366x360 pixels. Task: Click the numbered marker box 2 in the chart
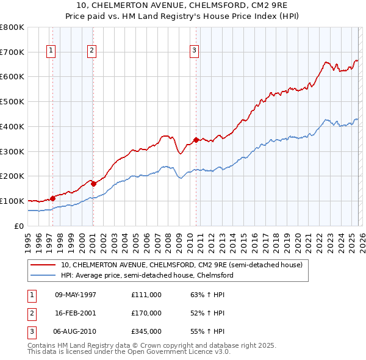[x=91, y=51]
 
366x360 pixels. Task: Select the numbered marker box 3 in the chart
[x=194, y=51]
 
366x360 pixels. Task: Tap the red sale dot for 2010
[x=196, y=140]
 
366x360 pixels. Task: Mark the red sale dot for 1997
[x=53, y=198]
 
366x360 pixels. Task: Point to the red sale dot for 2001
[x=93, y=183]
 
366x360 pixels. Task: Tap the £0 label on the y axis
[x=18, y=226]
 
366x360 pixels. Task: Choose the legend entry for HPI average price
[x=146, y=275]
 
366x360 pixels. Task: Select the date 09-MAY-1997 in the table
[x=76, y=295]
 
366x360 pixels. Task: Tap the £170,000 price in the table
[x=146, y=313]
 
